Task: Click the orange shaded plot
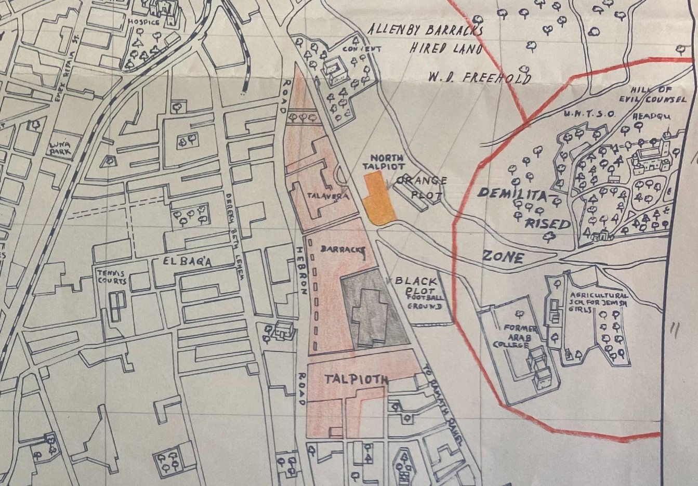(x=377, y=200)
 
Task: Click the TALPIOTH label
(x=357, y=379)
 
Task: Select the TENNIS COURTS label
(x=111, y=277)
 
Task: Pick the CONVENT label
(x=362, y=49)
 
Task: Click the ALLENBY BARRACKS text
(x=426, y=29)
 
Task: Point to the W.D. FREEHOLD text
(x=480, y=78)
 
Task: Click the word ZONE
(x=503, y=256)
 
